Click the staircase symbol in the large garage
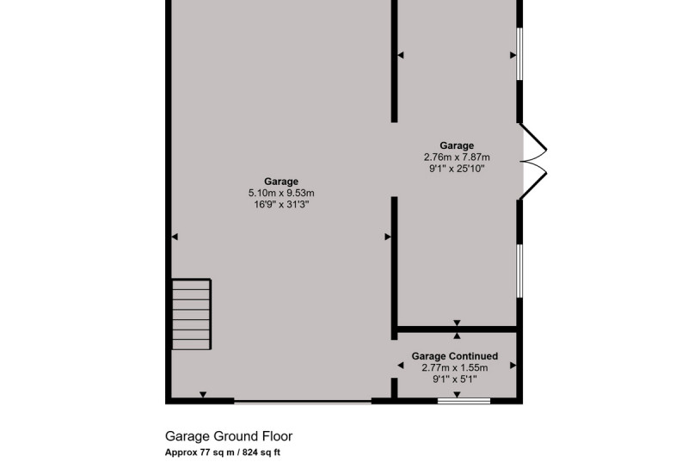(x=191, y=314)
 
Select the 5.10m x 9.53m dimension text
(x=281, y=193)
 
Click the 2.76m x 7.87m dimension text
(x=457, y=157)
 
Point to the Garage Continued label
(x=455, y=356)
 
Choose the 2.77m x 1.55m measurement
(x=455, y=367)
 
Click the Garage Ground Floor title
(x=229, y=436)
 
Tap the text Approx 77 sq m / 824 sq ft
(x=223, y=453)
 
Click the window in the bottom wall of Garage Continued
(x=464, y=401)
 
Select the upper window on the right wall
(x=519, y=54)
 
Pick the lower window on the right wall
(x=519, y=271)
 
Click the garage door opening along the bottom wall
(x=303, y=402)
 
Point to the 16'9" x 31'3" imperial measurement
(x=281, y=205)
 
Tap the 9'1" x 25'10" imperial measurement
(x=457, y=169)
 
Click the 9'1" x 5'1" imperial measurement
(x=455, y=379)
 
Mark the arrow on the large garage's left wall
(x=175, y=237)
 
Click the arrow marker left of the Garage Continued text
(x=400, y=365)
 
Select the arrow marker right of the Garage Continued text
(x=513, y=365)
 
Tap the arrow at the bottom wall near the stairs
(x=203, y=394)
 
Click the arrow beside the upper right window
(x=513, y=55)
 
